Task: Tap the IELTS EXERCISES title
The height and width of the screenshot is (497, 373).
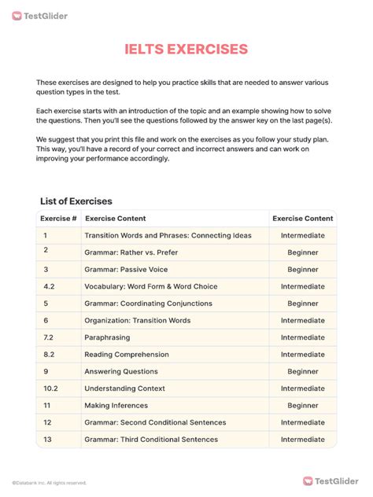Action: coord(186,50)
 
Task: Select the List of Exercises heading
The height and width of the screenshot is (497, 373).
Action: coord(76,201)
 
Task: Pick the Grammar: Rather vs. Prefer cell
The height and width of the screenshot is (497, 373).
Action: coord(132,252)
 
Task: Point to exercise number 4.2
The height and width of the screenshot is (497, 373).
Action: coord(50,286)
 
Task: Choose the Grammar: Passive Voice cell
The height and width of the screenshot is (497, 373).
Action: coord(127,269)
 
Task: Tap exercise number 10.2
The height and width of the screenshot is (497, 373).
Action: coord(50,388)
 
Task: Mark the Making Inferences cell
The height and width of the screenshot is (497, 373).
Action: coord(116,406)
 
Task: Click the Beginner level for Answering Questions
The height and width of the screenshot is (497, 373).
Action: coord(302,371)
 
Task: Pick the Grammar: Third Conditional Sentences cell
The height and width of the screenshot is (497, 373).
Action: coord(151,440)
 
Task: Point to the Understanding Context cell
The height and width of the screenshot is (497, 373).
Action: coord(124,388)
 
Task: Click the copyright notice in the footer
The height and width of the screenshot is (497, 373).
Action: coord(49,483)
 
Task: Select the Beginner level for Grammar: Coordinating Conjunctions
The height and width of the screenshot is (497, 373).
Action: coord(302,304)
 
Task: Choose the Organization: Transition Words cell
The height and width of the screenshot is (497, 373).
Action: coord(138,320)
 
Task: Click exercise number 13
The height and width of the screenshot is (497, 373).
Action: coord(48,440)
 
